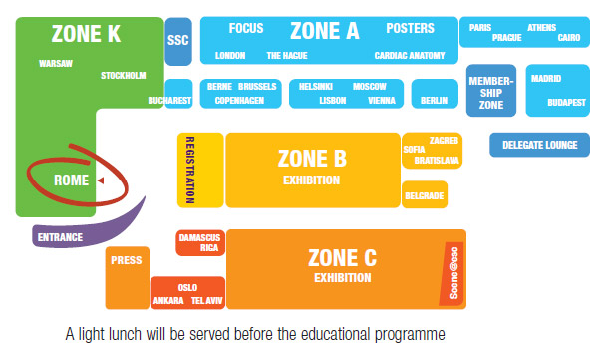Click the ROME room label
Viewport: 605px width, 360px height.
coord(72,180)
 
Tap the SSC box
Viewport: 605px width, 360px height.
coord(178,40)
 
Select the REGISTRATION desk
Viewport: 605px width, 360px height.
coord(188,170)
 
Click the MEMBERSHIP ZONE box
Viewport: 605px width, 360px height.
coord(490,91)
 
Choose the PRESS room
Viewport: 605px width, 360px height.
coord(127,261)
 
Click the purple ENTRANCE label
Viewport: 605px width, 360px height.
coord(60,238)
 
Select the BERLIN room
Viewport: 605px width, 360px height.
coord(435,101)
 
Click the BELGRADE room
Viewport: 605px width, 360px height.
coord(424,195)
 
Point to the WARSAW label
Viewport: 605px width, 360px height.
coord(55,63)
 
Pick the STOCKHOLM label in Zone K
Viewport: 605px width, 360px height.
coord(124,76)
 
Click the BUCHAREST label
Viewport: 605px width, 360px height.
coord(168,100)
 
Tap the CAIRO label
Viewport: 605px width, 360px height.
coord(568,38)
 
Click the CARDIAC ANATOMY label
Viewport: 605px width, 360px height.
coord(411,56)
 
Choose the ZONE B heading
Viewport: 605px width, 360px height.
coord(312,157)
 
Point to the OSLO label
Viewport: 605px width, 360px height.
coord(187,286)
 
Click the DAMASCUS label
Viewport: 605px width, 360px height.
coord(199,237)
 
